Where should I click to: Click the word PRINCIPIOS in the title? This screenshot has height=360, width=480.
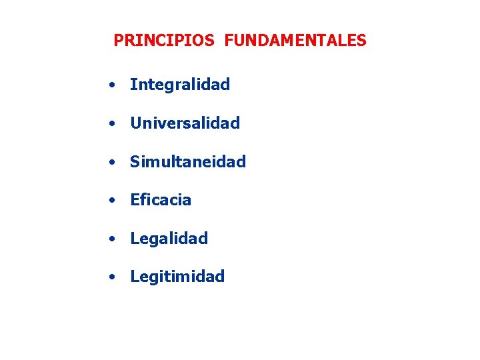(164, 41)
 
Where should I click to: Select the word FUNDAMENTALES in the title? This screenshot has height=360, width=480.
(295, 41)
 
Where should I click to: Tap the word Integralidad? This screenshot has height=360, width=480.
(180, 85)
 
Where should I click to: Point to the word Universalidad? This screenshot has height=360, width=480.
(185, 123)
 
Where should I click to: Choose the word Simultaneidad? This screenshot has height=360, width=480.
(188, 161)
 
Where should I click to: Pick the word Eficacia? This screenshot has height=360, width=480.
(161, 200)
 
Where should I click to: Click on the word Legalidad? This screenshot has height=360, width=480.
(169, 238)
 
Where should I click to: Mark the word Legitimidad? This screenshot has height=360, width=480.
(177, 277)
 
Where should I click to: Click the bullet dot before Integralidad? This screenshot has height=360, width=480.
(115, 85)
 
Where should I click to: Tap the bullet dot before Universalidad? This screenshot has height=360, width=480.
(115, 124)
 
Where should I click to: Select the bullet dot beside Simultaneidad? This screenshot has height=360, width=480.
(115, 162)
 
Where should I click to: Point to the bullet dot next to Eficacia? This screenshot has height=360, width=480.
(115, 201)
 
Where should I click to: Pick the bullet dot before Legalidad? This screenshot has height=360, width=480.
(115, 239)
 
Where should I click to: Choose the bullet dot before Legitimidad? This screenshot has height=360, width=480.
(115, 277)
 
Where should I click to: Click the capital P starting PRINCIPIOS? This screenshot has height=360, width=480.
(118, 41)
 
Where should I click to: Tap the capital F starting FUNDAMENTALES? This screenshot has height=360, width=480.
(229, 41)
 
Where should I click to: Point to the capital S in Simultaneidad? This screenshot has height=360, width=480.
(135, 161)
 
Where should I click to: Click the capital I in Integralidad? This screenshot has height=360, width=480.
(133, 85)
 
